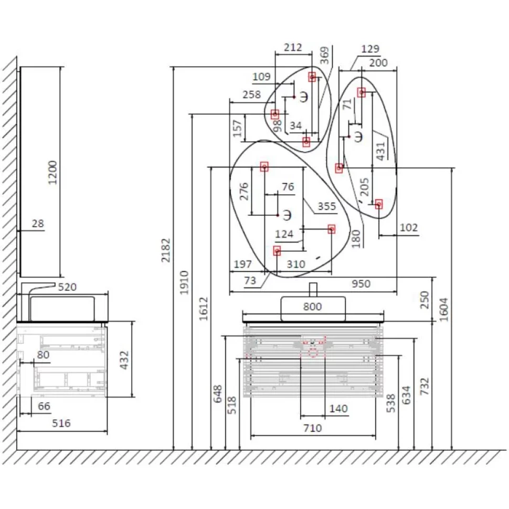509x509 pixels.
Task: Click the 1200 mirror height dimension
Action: tap(52, 172)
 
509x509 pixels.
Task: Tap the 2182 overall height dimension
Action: tap(166, 250)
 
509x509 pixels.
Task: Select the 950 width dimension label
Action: tap(361, 284)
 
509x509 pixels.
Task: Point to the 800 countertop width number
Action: tap(312, 306)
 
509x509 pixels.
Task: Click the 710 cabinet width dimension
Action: tap(313, 428)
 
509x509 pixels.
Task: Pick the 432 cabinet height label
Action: tap(124, 360)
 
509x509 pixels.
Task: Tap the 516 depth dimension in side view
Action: tap(61, 423)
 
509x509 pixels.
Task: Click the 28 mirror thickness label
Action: tap(38, 224)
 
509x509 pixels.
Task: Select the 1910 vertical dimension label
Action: tap(184, 283)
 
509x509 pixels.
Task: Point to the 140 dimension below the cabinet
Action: tap(338, 408)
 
